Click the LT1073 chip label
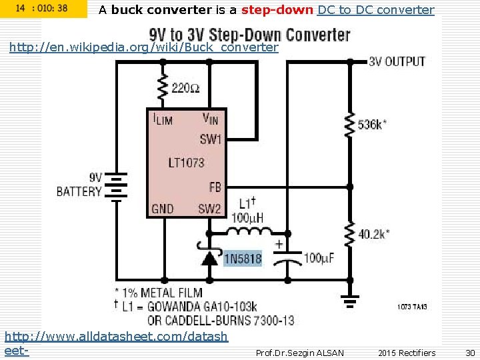[186, 163]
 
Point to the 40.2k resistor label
[374, 234]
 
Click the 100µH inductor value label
[248, 217]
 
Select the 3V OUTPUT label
[397, 61]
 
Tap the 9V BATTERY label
[79, 185]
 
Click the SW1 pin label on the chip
[211, 139]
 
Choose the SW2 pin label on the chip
[209, 209]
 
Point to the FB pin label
[215, 187]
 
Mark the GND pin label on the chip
[163, 209]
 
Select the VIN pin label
[210, 119]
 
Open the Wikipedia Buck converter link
[143, 47]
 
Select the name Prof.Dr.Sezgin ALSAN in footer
[299, 353]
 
